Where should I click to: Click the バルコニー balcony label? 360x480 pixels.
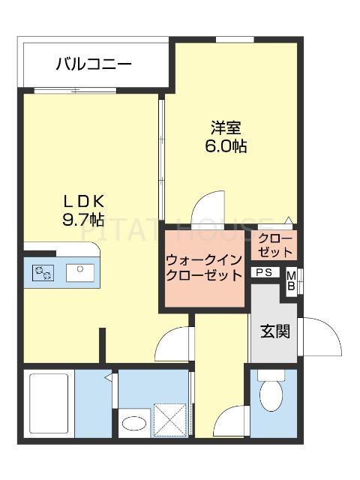click(93, 64)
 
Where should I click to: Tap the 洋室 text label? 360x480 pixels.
click(225, 127)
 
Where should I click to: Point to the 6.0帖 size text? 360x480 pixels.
click(226, 146)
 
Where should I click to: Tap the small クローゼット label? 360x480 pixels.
click(276, 245)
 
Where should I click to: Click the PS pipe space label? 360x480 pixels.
click(263, 273)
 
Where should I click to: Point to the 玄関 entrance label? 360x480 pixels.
click(275, 330)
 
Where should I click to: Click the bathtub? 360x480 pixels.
click(49, 403)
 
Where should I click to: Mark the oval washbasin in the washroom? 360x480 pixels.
click(136, 424)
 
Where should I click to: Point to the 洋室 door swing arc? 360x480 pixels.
click(208, 208)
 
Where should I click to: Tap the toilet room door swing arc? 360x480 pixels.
click(233, 421)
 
